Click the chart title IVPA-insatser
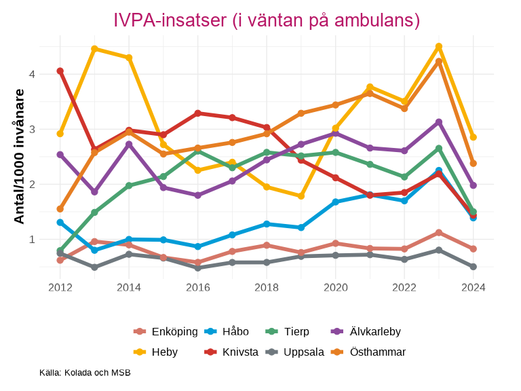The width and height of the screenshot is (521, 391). click(266, 20)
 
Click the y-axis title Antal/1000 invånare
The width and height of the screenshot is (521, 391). click(20, 156)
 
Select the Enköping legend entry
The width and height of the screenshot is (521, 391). click(166, 331)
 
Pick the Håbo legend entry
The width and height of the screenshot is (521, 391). click(226, 331)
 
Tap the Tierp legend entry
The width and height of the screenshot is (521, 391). click(287, 331)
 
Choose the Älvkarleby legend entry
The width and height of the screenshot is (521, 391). click(366, 331)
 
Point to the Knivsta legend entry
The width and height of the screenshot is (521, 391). click(231, 352)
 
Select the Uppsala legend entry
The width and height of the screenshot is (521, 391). click(294, 352)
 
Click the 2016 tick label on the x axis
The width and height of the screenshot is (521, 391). click(197, 287)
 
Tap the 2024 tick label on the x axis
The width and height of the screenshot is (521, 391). click(473, 287)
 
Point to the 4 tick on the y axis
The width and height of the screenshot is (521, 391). click(32, 73)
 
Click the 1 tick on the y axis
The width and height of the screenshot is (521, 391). click(32, 239)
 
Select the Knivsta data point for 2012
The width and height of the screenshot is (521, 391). click(60, 71)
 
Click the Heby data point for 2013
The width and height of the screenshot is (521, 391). click(94, 49)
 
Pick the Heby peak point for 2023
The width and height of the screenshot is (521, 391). click(439, 46)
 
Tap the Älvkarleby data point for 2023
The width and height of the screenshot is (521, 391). click(439, 122)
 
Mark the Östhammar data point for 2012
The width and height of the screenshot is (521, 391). click(60, 209)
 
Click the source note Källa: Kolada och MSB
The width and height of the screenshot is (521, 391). click(85, 373)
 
